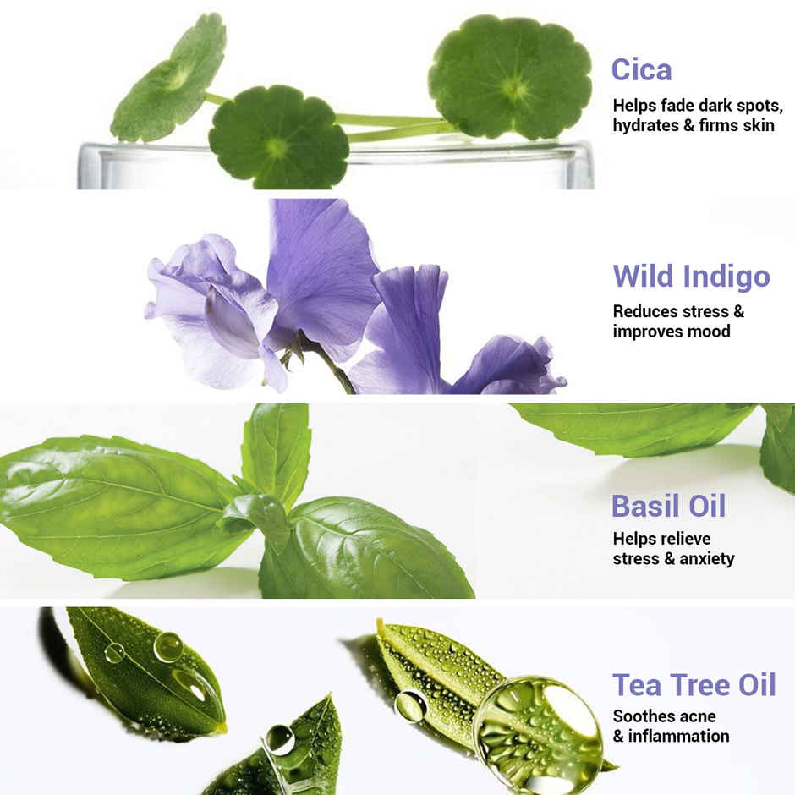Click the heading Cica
[x=642, y=69]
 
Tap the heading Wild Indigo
[x=691, y=277]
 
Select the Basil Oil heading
[x=668, y=506]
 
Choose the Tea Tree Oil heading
[x=694, y=684]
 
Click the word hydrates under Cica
[x=646, y=126]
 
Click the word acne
[x=697, y=716]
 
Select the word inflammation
[x=678, y=736]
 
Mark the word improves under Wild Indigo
[x=648, y=331]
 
